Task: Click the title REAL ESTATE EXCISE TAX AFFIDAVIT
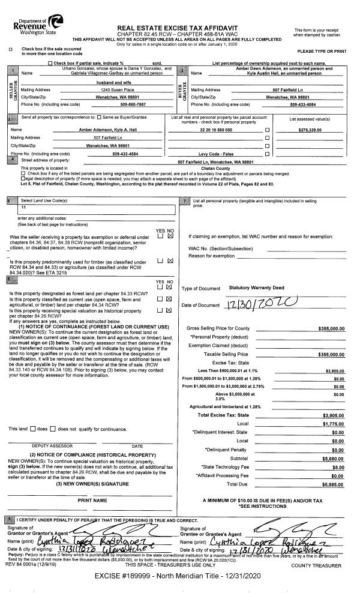[177, 28]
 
